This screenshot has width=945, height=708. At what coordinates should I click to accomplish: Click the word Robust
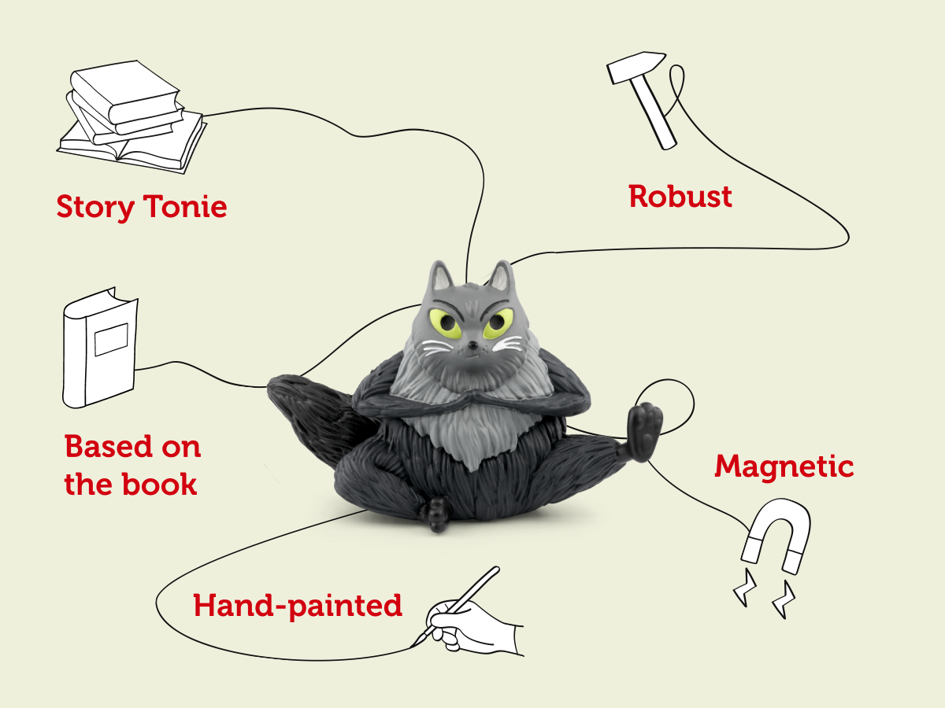680,197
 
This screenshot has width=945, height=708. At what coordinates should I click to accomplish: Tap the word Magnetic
784,467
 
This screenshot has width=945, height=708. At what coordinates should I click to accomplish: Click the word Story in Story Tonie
95,207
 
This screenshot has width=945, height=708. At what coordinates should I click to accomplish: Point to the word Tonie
185,206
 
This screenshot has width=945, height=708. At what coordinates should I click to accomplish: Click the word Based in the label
108,446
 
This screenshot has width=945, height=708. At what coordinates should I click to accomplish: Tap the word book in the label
159,484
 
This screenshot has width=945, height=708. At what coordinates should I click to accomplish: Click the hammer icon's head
636,67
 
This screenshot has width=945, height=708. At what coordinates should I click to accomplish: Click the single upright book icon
100,348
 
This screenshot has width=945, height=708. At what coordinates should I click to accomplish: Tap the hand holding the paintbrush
473,629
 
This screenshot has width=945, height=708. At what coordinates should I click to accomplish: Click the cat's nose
472,345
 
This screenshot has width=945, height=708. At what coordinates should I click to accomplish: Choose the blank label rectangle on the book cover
111,340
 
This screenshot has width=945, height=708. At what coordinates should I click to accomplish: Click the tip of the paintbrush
412,647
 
